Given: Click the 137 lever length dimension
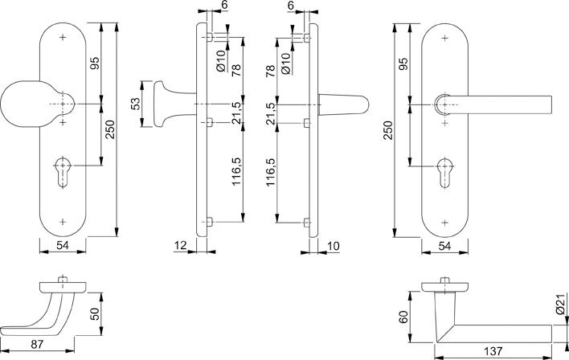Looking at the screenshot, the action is pyautogui.click(x=493, y=351).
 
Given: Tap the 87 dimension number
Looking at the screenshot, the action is pyautogui.click(x=37, y=344).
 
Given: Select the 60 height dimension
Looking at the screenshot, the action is pyautogui.click(x=403, y=317).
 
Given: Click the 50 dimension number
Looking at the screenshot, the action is pyautogui.click(x=95, y=314).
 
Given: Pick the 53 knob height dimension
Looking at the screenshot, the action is pyautogui.click(x=135, y=104).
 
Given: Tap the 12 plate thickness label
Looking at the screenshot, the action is pyautogui.click(x=180, y=246).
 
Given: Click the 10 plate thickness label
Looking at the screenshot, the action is pyautogui.click(x=334, y=246).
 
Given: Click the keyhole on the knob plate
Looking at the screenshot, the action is pyautogui.click(x=63, y=173).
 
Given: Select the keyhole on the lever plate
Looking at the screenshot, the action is pyautogui.click(x=445, y=173).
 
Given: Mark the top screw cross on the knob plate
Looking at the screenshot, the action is pyautogui.click(x=63, y=37).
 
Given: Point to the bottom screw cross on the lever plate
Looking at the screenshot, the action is pyautogui.click(x=445, y=223).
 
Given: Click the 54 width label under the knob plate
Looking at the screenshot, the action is pyautogui.click(x=63, y=245).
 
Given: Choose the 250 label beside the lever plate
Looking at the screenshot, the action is pyautogui.click(x=388, y=130).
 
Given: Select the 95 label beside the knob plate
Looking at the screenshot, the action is pyautogui.click(x=95, y=63).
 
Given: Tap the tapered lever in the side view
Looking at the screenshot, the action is pyautogui.click(x=343, y=104).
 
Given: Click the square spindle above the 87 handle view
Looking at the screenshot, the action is pyautogui.click(x=63, y=279).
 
